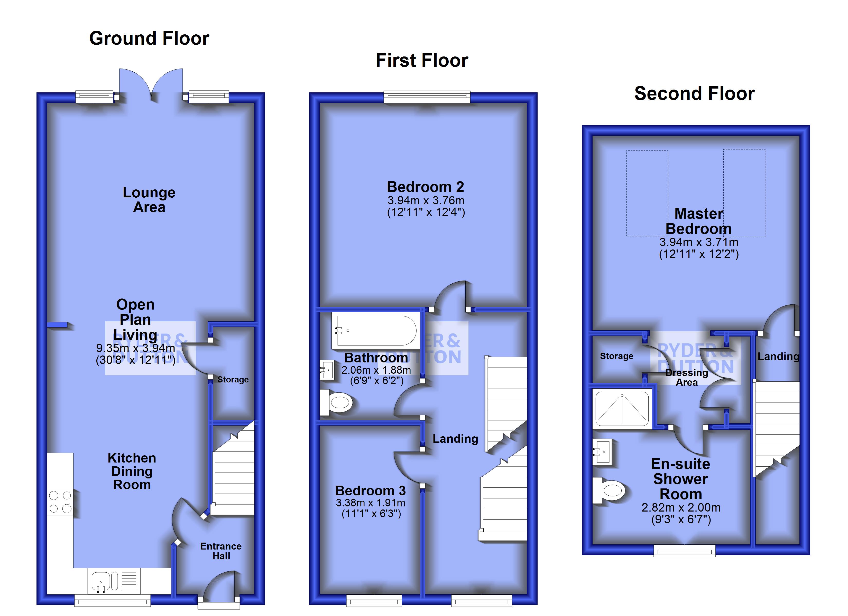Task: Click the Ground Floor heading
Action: click(149, 38)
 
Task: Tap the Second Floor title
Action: click(694, 93)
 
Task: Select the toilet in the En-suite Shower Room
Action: click(610, 490)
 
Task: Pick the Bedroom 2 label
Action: click(426, 187)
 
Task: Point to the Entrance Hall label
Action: click(221, 551)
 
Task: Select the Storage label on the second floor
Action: click(616, 356)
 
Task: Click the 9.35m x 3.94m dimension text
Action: click(135, 348)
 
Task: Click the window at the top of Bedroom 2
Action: click(427, 97)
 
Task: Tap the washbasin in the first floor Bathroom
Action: click(327, 370)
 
